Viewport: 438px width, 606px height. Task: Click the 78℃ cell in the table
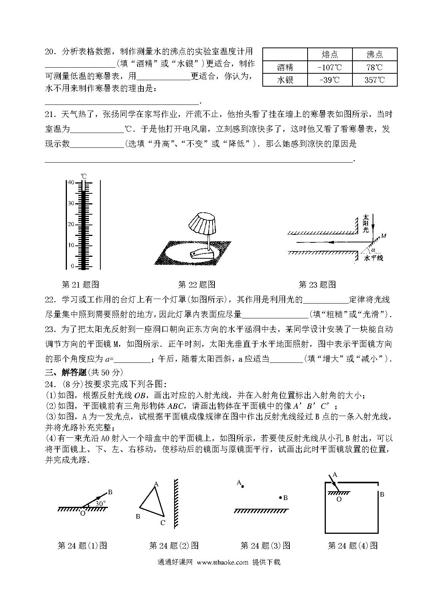375,67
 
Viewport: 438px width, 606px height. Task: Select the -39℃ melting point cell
330,80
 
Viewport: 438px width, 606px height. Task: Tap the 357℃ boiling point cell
375,80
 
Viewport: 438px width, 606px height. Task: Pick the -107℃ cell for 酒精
330,67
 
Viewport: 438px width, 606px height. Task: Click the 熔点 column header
330,54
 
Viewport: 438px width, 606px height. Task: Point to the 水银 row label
285,80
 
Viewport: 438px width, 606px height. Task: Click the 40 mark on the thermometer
71,182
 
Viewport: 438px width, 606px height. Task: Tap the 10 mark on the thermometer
71,245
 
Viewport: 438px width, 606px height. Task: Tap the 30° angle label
100,503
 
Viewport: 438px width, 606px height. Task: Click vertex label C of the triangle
162,522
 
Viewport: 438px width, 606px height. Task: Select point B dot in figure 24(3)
280,497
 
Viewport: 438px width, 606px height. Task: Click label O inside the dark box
339,499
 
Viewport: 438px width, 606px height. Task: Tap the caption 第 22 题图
197,284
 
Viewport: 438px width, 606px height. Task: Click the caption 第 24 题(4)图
352,546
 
